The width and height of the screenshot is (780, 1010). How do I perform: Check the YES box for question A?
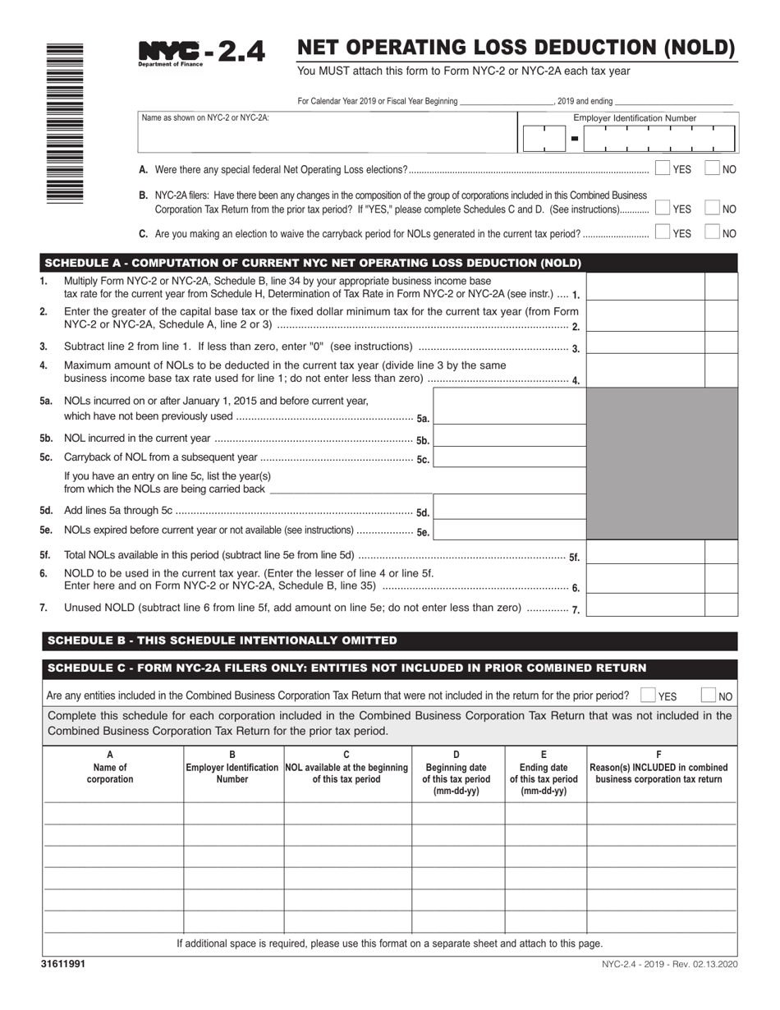click(x=663, y=168)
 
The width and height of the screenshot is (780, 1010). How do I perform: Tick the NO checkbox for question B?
click(x=713, y=209)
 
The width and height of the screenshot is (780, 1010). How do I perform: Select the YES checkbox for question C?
click(x=663, y=232)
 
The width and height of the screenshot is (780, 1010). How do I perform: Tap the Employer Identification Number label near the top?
click(x=635, y=118)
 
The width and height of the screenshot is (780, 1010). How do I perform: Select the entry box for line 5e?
click(x=509, y=530)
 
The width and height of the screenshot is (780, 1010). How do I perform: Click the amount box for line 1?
click(x=645, y=287)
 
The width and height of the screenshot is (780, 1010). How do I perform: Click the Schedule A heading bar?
click(x=312, y=264)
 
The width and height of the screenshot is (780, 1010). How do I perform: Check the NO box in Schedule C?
click(x=709, y=696)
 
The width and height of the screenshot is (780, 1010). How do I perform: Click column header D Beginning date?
click(x=457, y=773)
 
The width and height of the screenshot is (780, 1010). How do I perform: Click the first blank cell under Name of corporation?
click(x=112, y=813)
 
